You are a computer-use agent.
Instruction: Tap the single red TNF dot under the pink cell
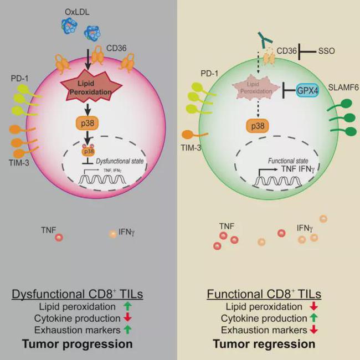[x=59, y=237]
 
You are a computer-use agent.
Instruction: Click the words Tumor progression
[x=89, y=344]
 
